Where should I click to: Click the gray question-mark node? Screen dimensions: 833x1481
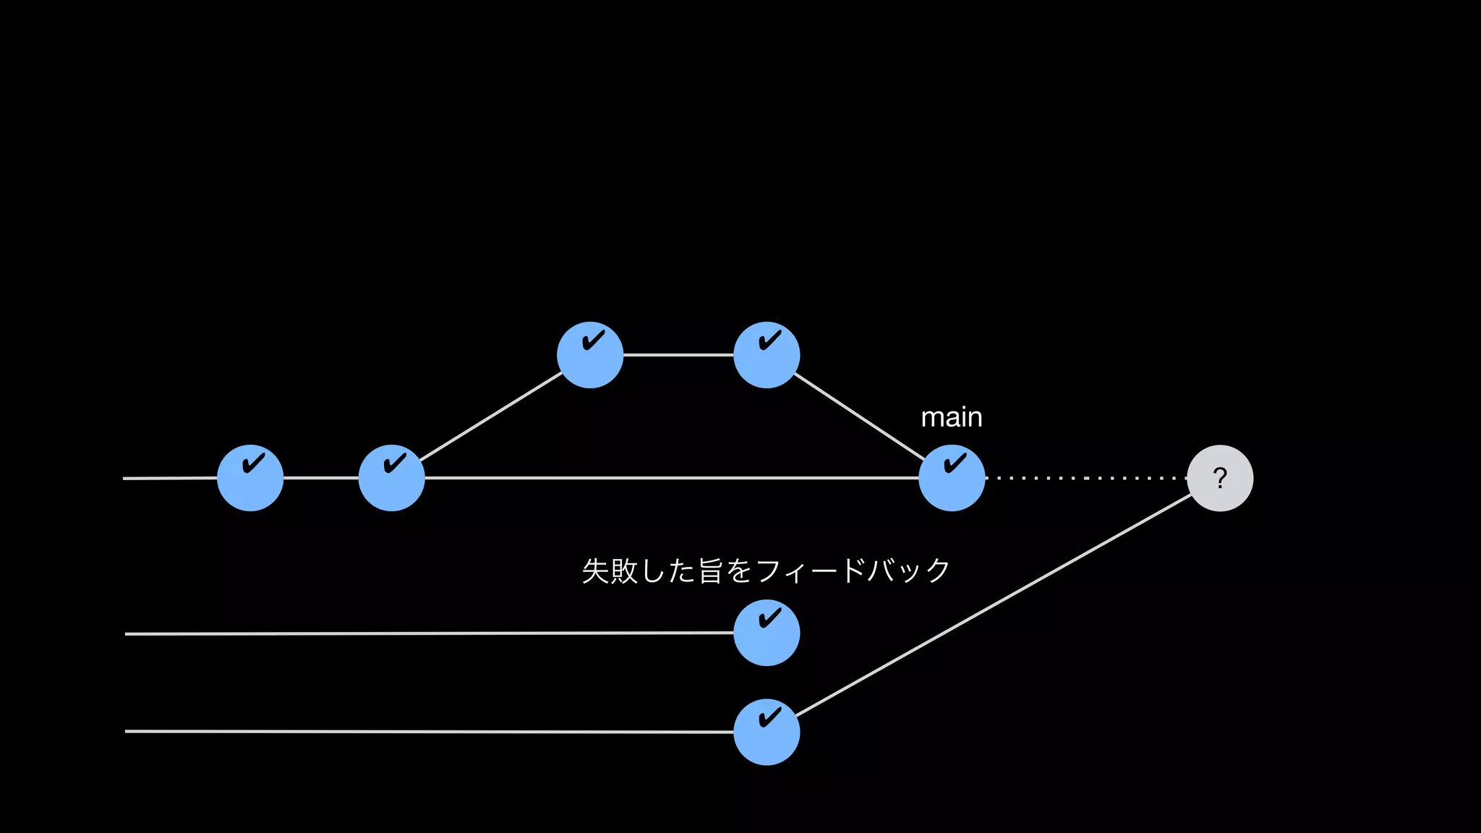click(1220, 478)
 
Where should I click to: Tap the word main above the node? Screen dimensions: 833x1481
click(951, 417)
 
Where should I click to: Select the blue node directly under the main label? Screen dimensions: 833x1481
click(952, 478)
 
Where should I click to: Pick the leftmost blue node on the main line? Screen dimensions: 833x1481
click(250, 478)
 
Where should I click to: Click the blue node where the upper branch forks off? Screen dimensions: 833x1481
click(391, 478)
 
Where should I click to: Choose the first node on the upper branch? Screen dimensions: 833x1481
click(590, 355)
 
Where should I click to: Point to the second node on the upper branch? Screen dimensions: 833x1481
click(767, 355)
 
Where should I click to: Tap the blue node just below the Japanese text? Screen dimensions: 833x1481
click(767, 633)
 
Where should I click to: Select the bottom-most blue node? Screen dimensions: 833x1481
click(767, 732)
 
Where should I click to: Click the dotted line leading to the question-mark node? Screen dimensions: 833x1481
click(1085, 478)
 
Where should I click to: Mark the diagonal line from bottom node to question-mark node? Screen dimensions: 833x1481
click(994, 605)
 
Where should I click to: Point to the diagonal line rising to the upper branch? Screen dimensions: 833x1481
click(491, 416)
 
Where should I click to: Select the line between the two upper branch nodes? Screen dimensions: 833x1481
click(678, 355)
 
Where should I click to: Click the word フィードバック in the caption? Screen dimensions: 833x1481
click(853, 571)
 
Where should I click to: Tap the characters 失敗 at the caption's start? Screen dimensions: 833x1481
click(610, 571)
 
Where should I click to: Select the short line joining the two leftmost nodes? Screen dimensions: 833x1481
click(321, 478)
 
